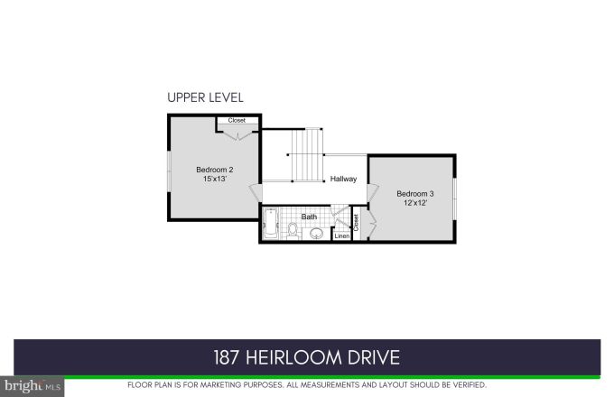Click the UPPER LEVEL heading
[205, 97]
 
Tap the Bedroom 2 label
[215, 170]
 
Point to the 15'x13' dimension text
[215, 180]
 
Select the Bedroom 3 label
[415, 194]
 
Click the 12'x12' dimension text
[415, 204]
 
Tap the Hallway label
[343, 179]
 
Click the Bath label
[309, 217]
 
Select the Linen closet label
[341, 236]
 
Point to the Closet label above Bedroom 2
[237, 120]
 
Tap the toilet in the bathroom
[293, 232]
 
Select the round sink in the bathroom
[316, 234]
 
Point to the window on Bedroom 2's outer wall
[168, 170]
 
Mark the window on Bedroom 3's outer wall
[455, 198]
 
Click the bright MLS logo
[32, 386]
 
